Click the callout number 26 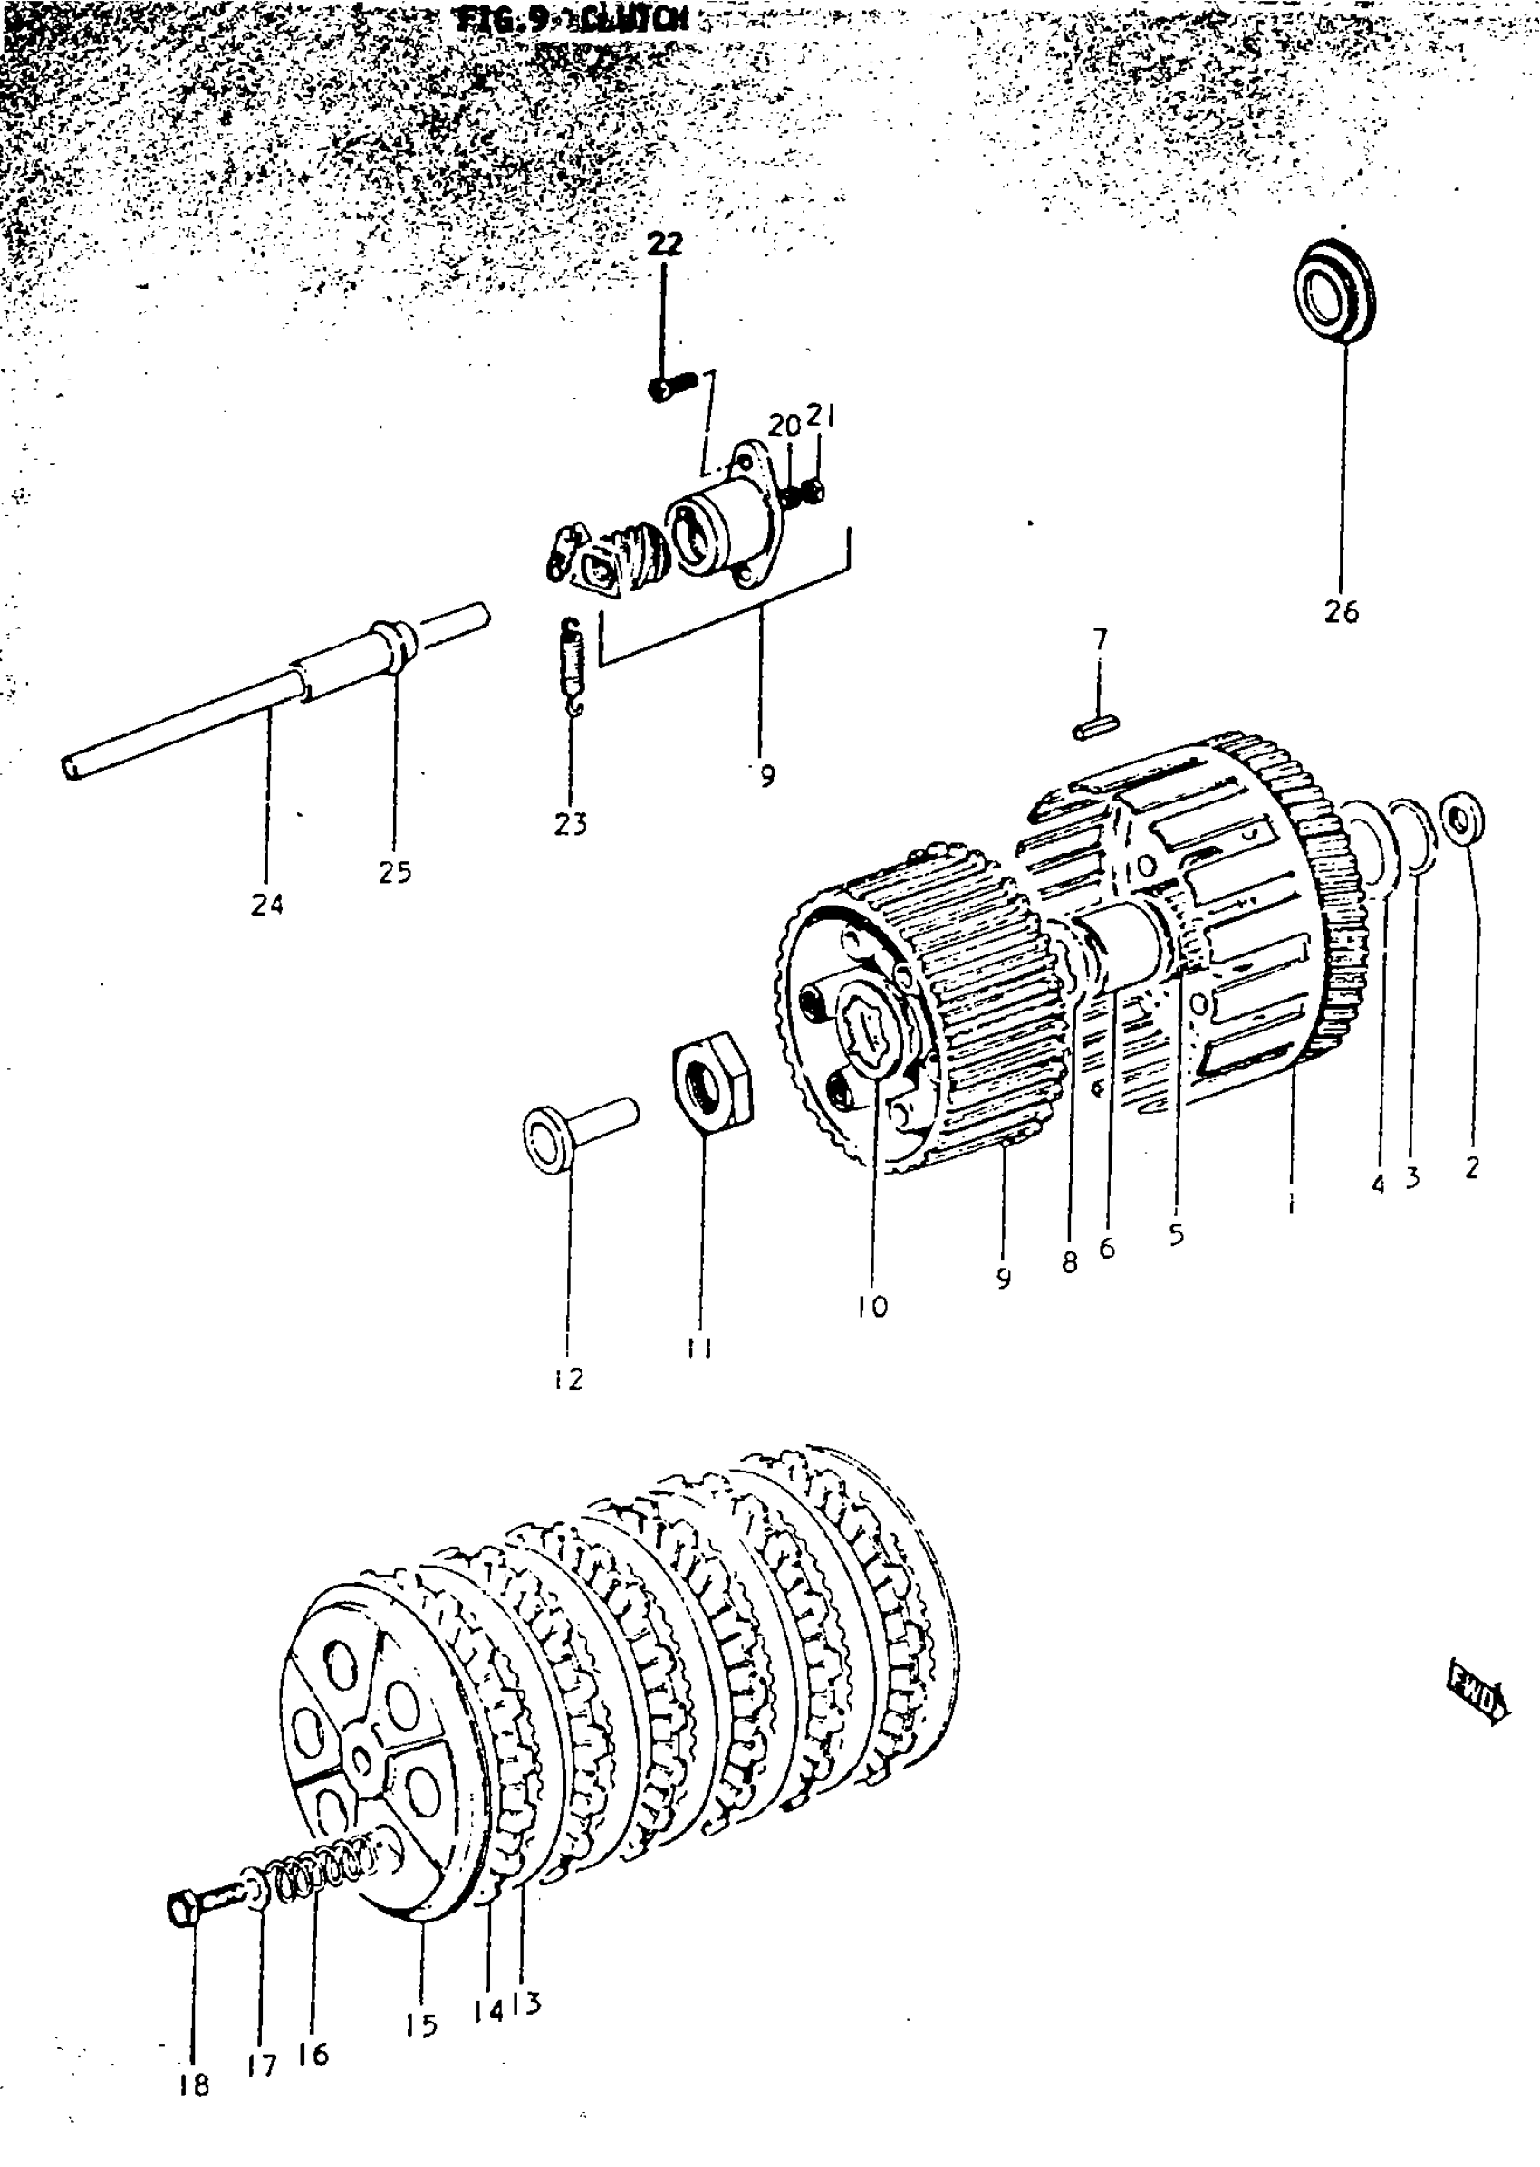tap(1341, 612)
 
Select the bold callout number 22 tap(664, 245)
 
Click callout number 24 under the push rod tap(266, 906)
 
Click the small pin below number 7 tap(1097, 727)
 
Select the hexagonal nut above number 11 tap(711, 1080)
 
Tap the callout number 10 tap(871, 1306)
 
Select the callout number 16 tap(312, 2054)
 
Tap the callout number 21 tap(820, 417)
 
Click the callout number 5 tap(1176, 1234)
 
